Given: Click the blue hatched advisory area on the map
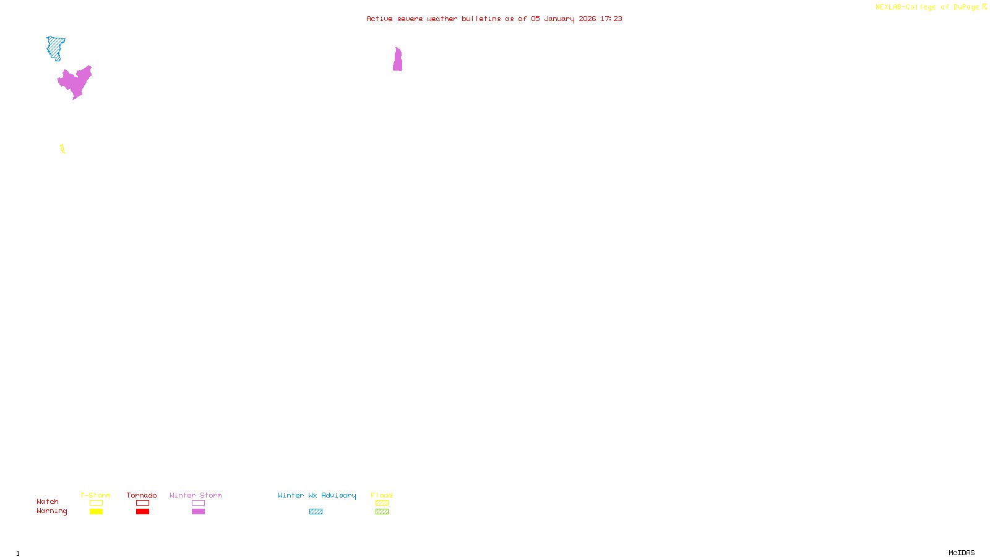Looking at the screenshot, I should pyautogui.click(x=55, y=46).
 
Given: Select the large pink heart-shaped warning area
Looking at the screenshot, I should pyautogui.click(x=75, y=82).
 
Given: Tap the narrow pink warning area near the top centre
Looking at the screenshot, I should pyautogui.click(x=397, y=61).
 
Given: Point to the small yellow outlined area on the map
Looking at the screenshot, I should pyautogui.click(x=62, y=149).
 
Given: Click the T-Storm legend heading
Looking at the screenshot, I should pyautogui.click(x=95, y=495).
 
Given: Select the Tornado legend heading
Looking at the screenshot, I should pyautogui.click(x=142, y=495).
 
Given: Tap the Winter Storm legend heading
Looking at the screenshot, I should pyautogui.click(x=196, y=495).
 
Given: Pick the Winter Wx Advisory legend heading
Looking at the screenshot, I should pyautogui.click(x=317, y=495).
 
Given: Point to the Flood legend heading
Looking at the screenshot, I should pyautogui.click(x=382, y=495).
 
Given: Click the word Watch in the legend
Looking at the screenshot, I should pyautogui.click(x=48, y=501).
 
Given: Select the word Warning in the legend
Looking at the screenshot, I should pyautogui.click(x=52, y=511).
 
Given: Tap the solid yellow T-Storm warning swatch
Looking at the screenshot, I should pyautogui.click(x=96, y=512).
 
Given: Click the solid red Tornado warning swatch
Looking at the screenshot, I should pyautogui.click(x=142, y=512).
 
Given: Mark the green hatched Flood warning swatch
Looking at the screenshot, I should pyautogui.click(x=382, y=512).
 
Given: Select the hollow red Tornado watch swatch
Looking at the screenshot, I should pyautogui.click(x=142, y=503).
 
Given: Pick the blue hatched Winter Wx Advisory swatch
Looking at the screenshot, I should pyautogui.click(x=316, y=512).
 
